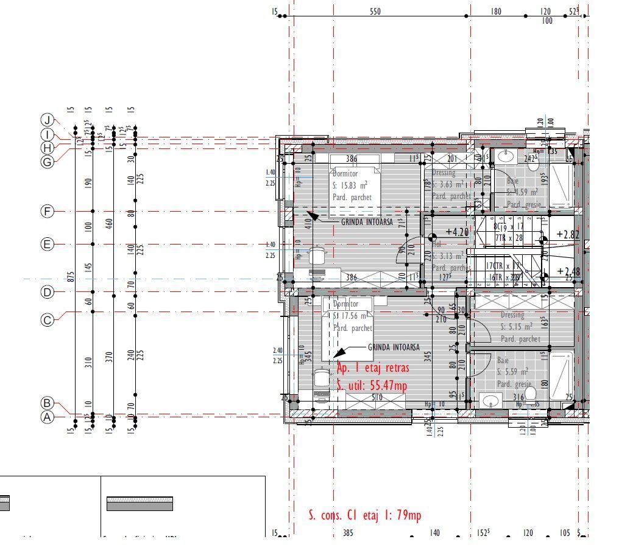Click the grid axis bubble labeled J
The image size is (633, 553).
tap(48, 119)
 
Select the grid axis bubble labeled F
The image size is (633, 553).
tap(48, 212)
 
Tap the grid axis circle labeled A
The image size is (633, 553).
tap(48, 417)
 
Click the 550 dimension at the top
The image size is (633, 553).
tap(375, 12)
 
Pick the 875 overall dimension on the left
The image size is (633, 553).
tap(71, 276)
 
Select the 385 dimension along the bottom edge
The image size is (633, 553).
tap(347, 533)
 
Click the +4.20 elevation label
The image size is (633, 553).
tap(458, 232)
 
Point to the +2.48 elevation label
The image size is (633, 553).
tap(568, 271)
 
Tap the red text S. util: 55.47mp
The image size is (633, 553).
tap(372, 385)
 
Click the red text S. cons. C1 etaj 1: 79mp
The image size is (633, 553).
tap(364, 516)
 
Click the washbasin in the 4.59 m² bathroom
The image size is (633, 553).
tap(505, 156)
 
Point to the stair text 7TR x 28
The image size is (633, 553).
tap(509, 237)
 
